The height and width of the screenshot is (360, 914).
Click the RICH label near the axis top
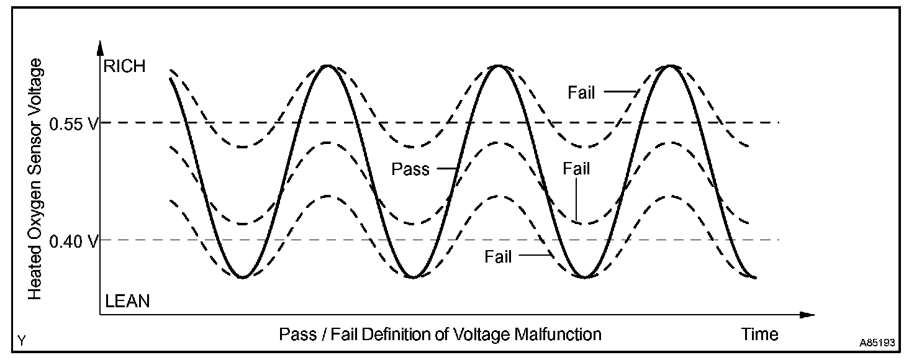point(125,67)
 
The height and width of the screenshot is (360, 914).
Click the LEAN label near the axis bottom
point(127,302)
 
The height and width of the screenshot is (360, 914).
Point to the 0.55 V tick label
point(74,124)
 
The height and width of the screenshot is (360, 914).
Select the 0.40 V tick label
point(74,241)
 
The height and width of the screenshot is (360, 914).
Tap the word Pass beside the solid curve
point(410,169)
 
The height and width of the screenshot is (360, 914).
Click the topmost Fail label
point(581,93)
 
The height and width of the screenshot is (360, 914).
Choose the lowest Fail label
point(498,256)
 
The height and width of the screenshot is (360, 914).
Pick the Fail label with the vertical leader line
point(576,169)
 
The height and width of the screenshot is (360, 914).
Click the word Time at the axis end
point(760,335)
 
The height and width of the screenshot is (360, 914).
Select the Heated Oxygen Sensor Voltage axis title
point(36,179)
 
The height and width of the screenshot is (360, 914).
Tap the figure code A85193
point(878,343)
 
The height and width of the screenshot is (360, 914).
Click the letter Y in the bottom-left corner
point(22,341)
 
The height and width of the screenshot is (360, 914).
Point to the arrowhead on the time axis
point(807,315)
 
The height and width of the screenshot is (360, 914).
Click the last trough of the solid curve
point(754,277)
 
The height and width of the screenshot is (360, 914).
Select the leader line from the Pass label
point(445,168)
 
